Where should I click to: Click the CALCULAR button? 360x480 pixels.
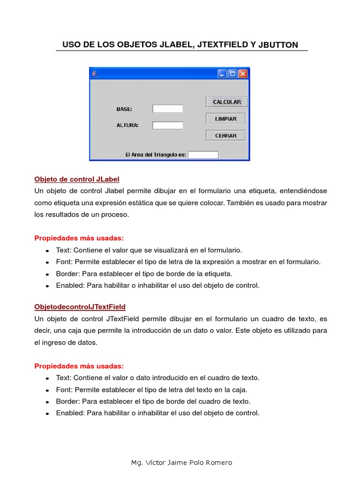(226, 102)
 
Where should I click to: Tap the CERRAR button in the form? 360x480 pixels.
(225, 135)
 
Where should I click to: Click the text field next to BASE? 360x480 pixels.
(168, 109)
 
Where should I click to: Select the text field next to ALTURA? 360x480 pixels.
(168, 125)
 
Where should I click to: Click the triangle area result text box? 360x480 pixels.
(203, 155)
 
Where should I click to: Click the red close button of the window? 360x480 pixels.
(243, 74)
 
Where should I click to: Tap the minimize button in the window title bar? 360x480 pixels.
(222, 74)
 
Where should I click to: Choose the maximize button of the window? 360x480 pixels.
(232, 74)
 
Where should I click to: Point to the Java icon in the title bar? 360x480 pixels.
(94, 74)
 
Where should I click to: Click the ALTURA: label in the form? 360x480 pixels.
(127, 125)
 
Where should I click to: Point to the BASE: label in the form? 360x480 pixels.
(124, 109)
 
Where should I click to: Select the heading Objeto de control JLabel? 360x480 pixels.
(77, 179)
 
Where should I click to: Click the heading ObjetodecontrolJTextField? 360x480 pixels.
(80, 307)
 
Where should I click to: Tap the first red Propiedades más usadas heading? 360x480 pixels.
(79, 238)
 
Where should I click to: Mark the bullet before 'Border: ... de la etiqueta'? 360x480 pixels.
(47, 274)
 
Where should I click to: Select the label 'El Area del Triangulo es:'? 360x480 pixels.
(156, 155)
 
